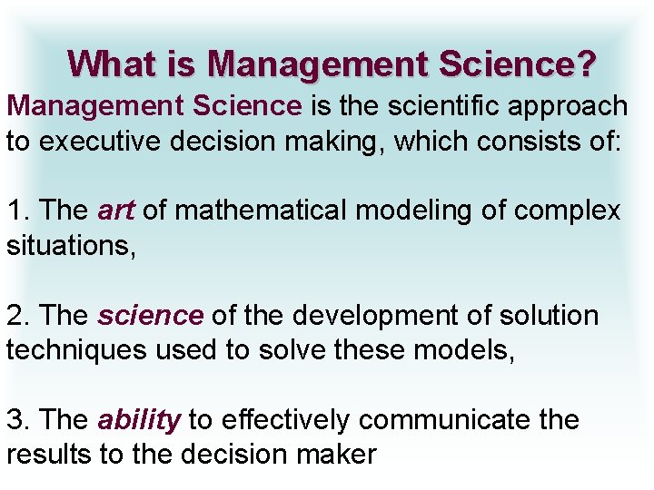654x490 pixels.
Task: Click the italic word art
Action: [x=115, y=211]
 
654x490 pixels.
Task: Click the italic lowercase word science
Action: [x=150, y=316]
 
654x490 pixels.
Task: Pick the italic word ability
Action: [x=139, y=420]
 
